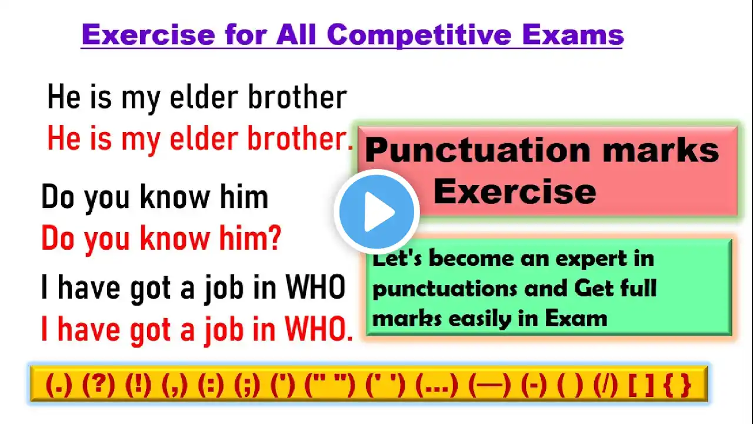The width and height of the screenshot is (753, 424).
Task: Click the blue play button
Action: pos(377,211)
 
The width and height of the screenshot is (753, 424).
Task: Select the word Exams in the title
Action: pos(573,35)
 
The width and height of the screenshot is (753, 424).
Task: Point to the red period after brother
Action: pos(350,147)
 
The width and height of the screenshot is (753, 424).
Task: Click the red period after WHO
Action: pos(349,338)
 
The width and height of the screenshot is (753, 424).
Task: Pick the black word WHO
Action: pos(315,287)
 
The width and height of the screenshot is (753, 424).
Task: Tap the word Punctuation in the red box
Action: pos(478,151)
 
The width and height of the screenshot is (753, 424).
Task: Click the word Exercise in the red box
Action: pos(515,192)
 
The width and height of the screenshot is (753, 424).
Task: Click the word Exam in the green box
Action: pos(576,318)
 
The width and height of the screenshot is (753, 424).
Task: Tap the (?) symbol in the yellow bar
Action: pos(98,385)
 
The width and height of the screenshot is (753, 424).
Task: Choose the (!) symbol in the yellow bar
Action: pos(138,385)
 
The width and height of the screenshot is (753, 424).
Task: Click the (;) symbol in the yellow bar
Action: pos(247,385)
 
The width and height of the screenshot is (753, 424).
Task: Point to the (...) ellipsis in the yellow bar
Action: pos(437,385)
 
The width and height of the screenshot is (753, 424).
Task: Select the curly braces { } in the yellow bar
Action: pos(677,385)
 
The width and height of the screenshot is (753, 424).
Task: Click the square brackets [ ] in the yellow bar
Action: pos(641,385)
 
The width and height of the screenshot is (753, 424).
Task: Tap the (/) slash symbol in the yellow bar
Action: pos(605,385)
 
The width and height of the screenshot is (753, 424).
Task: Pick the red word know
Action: pos(175,237)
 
